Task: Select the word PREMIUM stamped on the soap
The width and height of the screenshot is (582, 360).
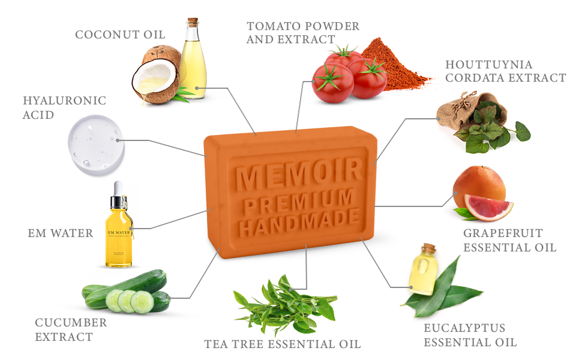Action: click(299, 199)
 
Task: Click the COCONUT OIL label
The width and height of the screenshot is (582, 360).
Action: click(120, 35)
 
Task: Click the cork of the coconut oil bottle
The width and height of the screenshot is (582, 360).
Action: click(192, 23)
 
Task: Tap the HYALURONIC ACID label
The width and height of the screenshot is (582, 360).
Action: click(64, 107)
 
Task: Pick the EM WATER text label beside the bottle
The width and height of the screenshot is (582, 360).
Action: click(61, 233)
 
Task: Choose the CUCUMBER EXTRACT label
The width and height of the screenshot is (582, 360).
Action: click(71, 329)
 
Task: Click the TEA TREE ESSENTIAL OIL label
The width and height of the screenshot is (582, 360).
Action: click(283, 344)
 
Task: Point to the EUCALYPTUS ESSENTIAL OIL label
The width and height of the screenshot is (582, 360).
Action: click(470, 335)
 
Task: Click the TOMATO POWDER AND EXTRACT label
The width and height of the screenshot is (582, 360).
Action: click(303, 32)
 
